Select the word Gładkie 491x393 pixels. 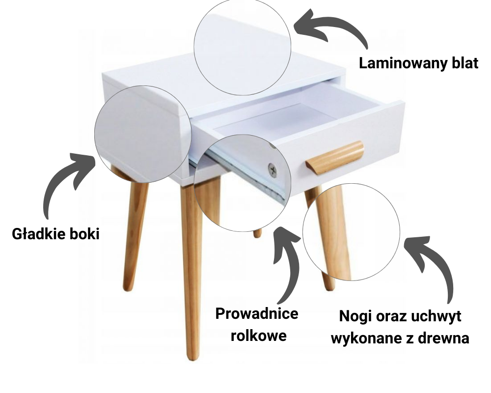pyautogui.click(x=38, y=234)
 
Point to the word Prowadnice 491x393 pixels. pyautogui.click(x=257, y=313)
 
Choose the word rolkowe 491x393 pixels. pyautogui.click(x=259, y=337)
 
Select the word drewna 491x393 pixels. pyautogui.click(x=445, y=338)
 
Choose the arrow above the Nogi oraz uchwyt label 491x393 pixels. pyautogui.click(x=435, y=265)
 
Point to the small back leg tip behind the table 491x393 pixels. pyautogui.click(x=257, y=233)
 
